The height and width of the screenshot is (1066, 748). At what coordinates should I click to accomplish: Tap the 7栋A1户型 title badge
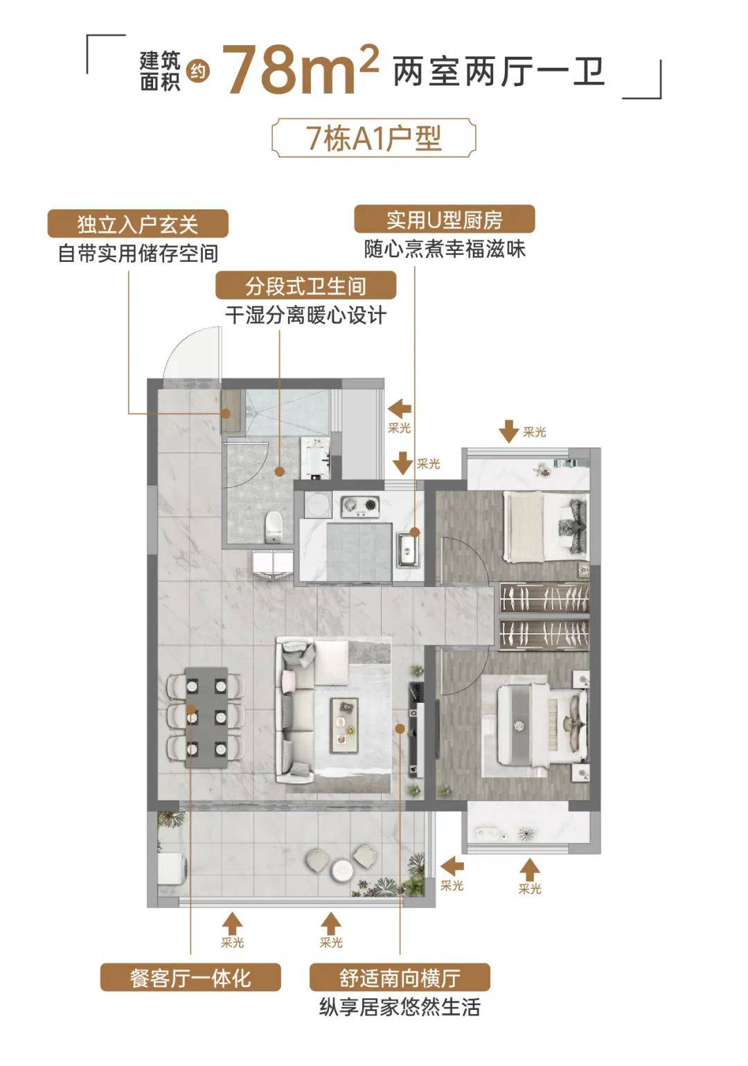click(374, 139)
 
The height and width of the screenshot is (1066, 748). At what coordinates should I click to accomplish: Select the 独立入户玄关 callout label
click(138, 224)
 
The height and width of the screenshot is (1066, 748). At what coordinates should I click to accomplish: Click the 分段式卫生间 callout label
click(305, 286)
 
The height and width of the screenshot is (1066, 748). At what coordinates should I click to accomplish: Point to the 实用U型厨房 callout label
click(444, 220)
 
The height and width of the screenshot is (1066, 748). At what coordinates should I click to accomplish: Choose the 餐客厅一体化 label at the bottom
click(190, 977)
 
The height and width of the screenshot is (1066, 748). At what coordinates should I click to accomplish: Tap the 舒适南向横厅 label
click(400, 977)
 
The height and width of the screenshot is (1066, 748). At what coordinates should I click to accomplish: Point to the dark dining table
click(206, 717)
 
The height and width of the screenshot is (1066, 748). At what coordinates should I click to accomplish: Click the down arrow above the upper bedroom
click(509, 431)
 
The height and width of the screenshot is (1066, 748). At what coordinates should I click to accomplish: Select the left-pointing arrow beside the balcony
click(452, 865)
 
